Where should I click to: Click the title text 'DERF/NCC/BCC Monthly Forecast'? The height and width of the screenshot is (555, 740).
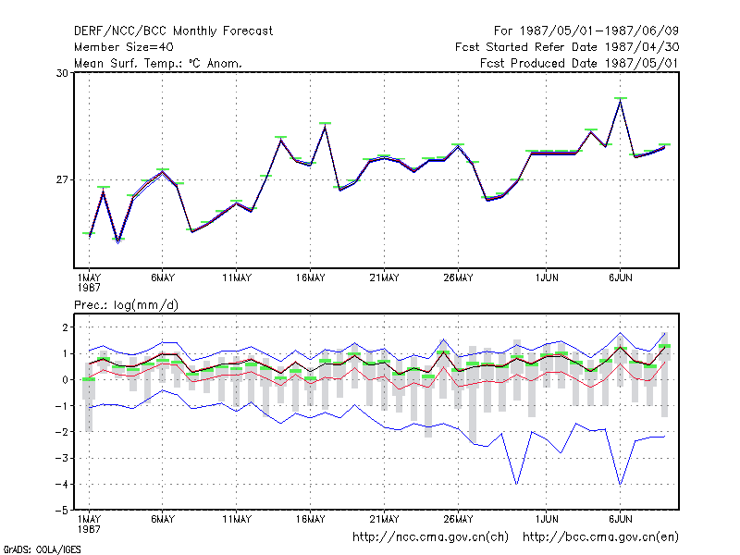tap(173, 31)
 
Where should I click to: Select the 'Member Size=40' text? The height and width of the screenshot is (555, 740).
tap(124, 47)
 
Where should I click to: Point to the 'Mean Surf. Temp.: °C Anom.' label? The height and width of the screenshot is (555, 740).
tap(158, 63)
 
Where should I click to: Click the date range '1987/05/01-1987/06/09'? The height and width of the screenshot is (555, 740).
tap(598, 31)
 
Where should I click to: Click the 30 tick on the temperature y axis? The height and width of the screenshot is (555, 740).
tap(62, 73)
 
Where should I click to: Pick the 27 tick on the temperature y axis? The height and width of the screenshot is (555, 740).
tap(62, 179)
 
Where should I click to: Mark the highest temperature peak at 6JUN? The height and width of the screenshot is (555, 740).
tap(620, 100)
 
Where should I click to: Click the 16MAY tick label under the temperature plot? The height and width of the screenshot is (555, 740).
tap(311, 278)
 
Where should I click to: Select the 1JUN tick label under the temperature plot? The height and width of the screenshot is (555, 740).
tap(547, 278)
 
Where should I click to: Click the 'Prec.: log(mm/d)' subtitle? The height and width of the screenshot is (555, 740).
tap(126, 305)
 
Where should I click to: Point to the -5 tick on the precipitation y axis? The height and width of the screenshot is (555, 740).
tap(62, 511)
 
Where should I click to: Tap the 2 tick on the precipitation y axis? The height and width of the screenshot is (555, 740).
tap(65, 327)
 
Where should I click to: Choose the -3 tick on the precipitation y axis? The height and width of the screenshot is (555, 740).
tap(62, 458)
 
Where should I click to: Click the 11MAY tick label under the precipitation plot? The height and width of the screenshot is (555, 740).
tap(237, 519)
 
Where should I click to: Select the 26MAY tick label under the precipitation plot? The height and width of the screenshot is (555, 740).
tap(458, 519)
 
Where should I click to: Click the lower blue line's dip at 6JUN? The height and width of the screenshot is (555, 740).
tap(620, 485)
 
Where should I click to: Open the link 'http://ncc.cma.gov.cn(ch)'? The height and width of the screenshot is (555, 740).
tap(430, 537)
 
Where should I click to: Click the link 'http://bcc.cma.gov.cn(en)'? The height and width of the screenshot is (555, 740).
tap(600, 537)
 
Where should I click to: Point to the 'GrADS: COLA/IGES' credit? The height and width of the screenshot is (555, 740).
tap(42, 549)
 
